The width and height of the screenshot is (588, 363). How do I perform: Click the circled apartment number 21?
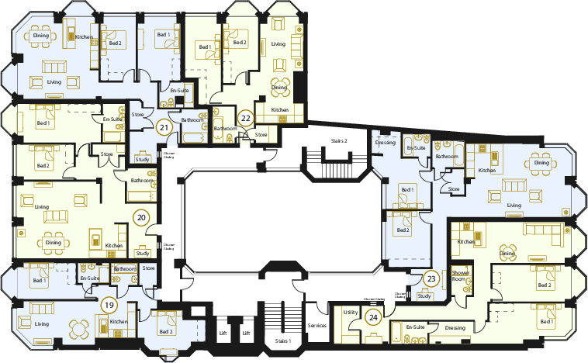pyautogui.click(x=164, y=129)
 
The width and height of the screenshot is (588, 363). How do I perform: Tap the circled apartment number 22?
pyautogui.click(x=245, y=119)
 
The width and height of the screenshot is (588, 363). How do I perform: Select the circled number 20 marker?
pyautogui.click(x=140, y=218)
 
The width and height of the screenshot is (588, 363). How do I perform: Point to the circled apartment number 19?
pyautogui.click(x=109, y=305)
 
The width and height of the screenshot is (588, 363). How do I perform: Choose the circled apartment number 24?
pyautogui.click(x=373, y=316)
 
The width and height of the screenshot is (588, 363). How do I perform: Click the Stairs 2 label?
pyautogui.click(x=336, y=140)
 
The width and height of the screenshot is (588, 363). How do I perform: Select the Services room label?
pyautogui.click(x=317, y=326)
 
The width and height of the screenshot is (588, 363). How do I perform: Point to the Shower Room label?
pyautogui.click(x=462, y=275)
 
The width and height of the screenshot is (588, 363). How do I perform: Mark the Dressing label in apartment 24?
pyautogui.click(x=455, y=328)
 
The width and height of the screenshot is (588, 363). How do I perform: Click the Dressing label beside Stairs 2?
pyautogui.click(x=386, y=142)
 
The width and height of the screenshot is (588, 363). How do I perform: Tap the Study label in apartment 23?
pyautogui.click(x=424, y=296)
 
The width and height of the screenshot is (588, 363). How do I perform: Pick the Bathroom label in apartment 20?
pyautogui.click(x=141, y=181)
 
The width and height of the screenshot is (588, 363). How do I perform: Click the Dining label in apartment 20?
pyautogui.click(x=53, y=242)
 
